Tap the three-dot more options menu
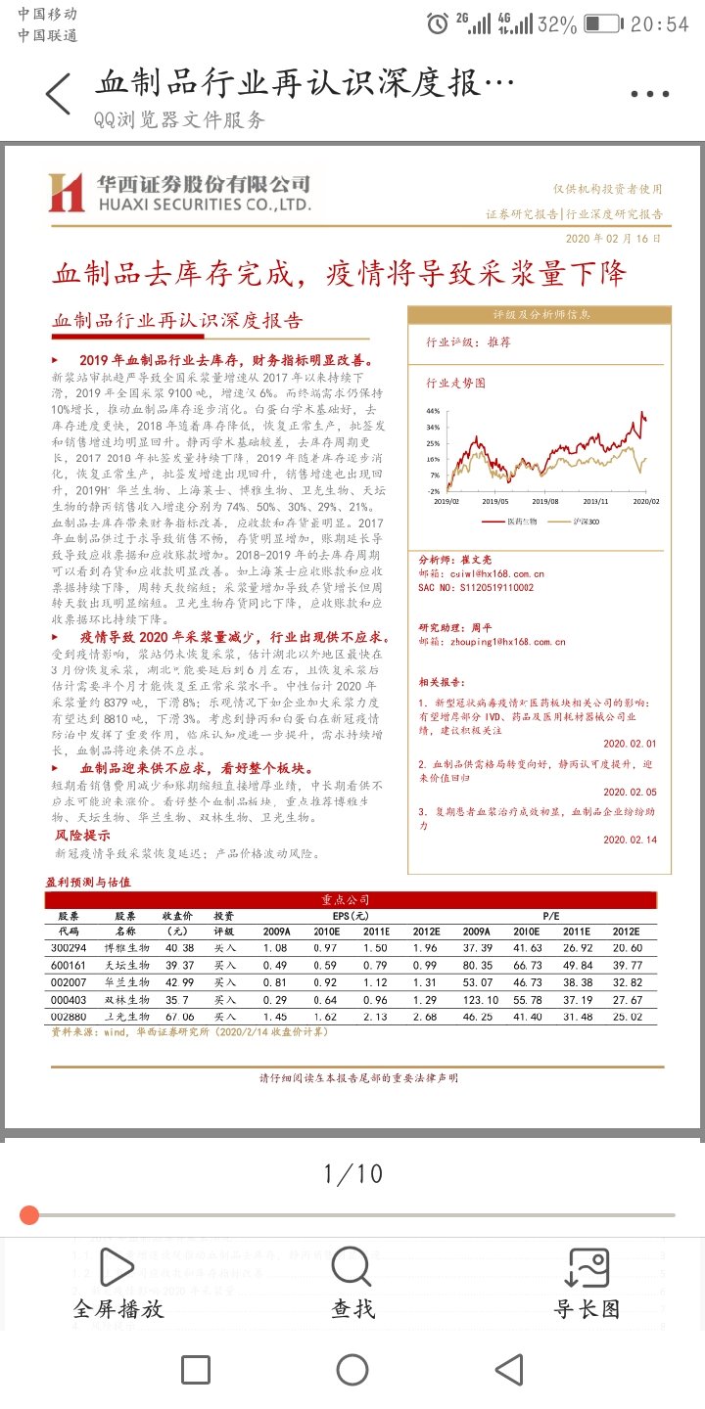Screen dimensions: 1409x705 point(650,95)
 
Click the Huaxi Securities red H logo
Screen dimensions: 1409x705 point(67,193)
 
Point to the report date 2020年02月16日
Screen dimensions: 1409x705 point(613,238)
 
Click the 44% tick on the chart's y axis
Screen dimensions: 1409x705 point(433,412)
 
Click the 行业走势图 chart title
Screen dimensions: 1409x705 point(455,383)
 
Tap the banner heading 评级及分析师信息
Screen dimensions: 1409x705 point(540,315)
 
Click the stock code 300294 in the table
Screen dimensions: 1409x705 point(69,948)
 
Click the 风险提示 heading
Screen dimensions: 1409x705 point(82,836)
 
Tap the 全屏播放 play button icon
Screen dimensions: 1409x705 point(117,1267)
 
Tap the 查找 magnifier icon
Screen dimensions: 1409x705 point(352,1267)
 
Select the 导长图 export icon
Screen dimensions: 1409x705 point(587,1267)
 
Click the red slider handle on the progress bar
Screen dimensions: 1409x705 point(29,1215)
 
